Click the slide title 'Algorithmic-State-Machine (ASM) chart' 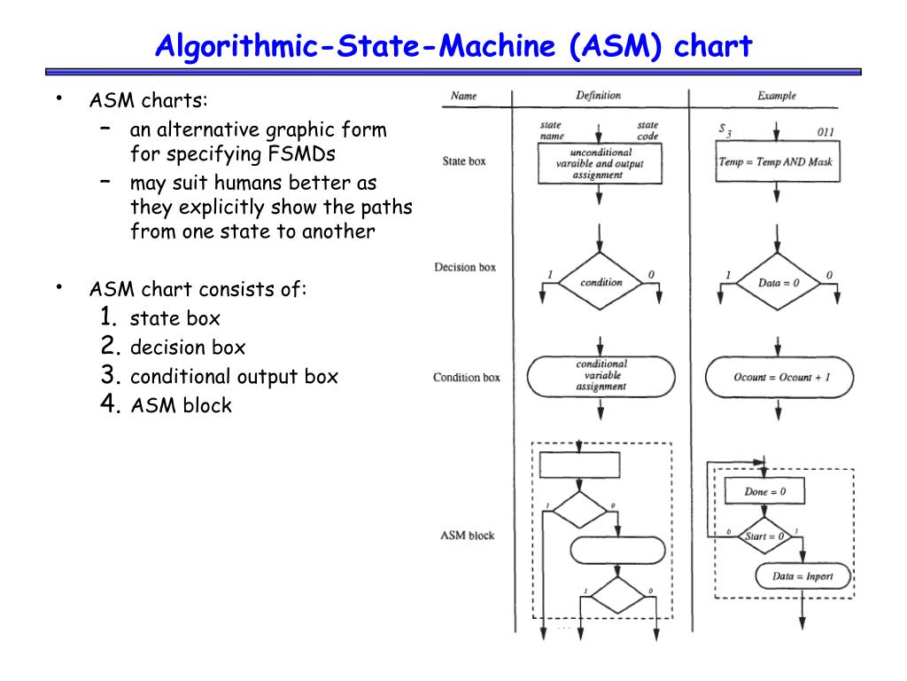(x=453, y=45)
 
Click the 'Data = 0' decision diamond (x=779, y=283)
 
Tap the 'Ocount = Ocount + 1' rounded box (x=779, y=378)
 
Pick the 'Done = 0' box (x=764, y=490)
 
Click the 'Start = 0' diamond (x=764, y=536)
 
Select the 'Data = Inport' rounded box (x=802, y=576)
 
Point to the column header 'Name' (x=464, y=96)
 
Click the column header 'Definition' (x=598, y=96)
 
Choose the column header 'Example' (x=777, y=96)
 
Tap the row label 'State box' (x=464, y=162)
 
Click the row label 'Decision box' (x=465, y=268)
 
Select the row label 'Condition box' (x=467, y=378)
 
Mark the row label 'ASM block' (x=467, y=536)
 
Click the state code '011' (x=826, y=133)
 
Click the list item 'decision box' (x=187, y=347)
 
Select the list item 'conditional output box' (x=234, y=376)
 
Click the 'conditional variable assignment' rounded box (x=601, y=376)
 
